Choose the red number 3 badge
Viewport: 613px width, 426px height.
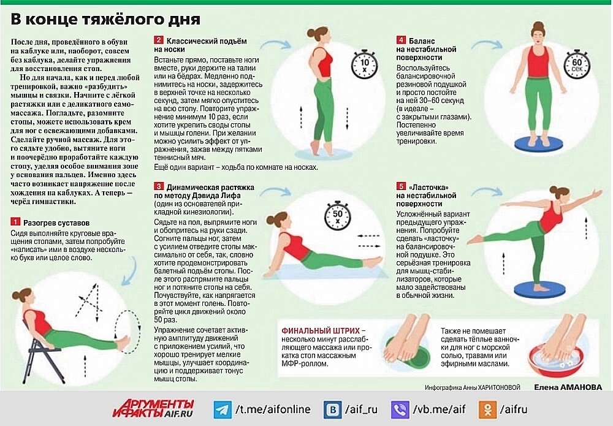[x=158, y=186]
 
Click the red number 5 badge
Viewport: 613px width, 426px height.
[x=401, y=186]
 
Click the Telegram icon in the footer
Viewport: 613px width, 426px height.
[x=223, y=409]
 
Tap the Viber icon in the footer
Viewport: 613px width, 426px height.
[x=400, y=409]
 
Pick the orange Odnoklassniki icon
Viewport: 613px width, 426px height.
[x=488, y=409]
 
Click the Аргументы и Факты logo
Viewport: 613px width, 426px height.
[x=153, y=409]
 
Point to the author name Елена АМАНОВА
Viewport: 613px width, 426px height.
[x=568, y=387]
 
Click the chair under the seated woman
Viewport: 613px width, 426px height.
[x=37, y=352]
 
